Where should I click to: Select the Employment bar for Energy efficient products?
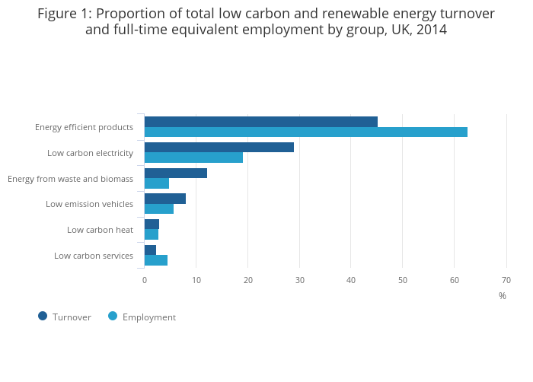[305, 132]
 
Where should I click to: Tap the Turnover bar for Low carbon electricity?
[219, 148]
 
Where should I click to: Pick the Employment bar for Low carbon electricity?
[193, 158]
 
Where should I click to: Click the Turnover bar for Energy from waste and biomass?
[175, 173]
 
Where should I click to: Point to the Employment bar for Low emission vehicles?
[158, 209]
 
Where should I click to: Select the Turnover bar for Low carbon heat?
[152, 224]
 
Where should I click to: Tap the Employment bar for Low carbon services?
[155, 260]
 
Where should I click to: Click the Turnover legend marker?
[43, 317]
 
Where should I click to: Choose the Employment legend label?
[148, 317]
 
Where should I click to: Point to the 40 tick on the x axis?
[351, 280]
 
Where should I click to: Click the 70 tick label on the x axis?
[506, 280]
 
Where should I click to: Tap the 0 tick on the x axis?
[145, 280]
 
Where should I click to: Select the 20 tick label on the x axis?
[248, 280]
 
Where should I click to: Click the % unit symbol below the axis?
[502, 296]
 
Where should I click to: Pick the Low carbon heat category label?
[100, 230]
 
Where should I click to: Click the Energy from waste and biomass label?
[70, 179]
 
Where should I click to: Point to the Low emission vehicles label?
[89, 204]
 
